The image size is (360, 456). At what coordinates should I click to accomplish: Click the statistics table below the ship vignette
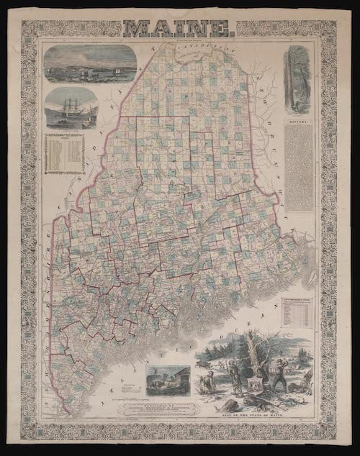pyautogui.click(x=65, y=154)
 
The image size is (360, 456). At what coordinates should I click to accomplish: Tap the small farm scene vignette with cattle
pyautogui.click(x=163, y=378)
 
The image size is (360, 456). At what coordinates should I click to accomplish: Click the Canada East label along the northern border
pyautogui.click(x=191, y=52)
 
